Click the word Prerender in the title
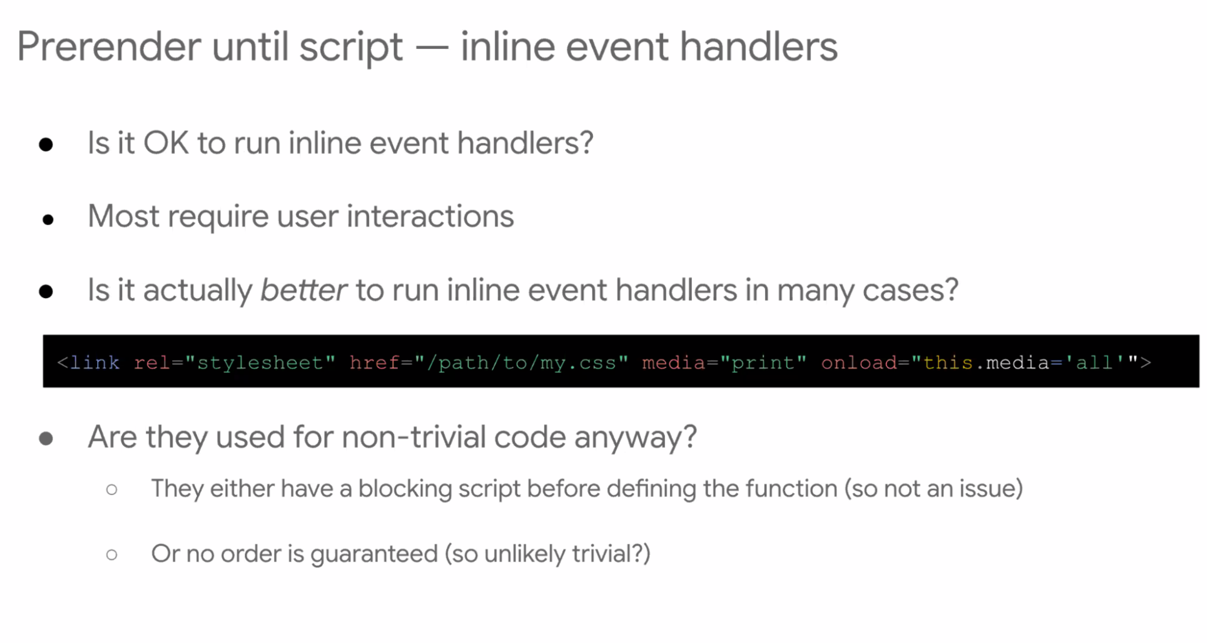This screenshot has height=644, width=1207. [109, 46]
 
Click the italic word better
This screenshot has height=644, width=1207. [304, 290]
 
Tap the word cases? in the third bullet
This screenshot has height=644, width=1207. [910, 290]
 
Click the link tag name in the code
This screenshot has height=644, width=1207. [95, 362]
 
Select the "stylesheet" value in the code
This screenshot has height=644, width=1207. [260, 362]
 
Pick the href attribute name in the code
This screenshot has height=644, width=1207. [374, 362]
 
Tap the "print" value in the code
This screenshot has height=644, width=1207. [764, 362]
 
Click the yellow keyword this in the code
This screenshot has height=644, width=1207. [948, 362]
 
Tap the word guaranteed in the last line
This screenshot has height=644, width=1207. [374, 554]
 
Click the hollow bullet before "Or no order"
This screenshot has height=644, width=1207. [112, 554]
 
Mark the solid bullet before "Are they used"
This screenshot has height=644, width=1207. [46, 438]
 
